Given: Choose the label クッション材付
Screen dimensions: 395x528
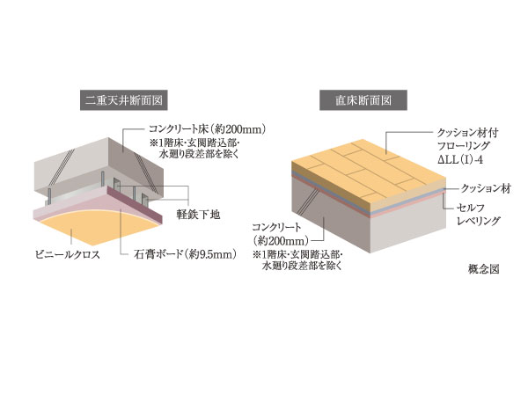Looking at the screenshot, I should [x=464, y=128].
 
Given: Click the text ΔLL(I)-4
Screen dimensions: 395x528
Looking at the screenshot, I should [x=458, y=157].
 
